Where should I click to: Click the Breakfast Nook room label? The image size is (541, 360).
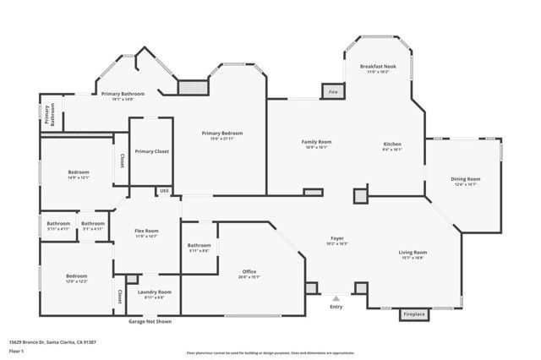point(377,66)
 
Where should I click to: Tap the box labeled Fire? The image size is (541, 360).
point(333,90)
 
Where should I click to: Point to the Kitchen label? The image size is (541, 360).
point(391,145)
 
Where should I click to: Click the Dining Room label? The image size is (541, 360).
point(466,179)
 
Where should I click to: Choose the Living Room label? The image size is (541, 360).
point(413,253)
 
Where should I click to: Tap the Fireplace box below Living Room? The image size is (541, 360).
point(413,314)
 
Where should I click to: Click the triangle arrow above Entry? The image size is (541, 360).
point(336,298)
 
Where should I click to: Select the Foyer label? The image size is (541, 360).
point(336,240)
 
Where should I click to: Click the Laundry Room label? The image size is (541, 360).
point(154,292)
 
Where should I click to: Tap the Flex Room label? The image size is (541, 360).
point(147,231)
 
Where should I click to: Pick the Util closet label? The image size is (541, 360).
point(163,191)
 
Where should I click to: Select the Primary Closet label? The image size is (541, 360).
point(150,150)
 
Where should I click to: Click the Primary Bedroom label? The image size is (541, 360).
point(222,134)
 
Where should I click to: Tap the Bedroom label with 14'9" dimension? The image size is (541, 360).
point(78,172)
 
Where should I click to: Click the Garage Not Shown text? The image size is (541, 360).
point(150,322)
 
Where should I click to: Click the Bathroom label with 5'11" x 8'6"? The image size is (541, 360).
point(199,246)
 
